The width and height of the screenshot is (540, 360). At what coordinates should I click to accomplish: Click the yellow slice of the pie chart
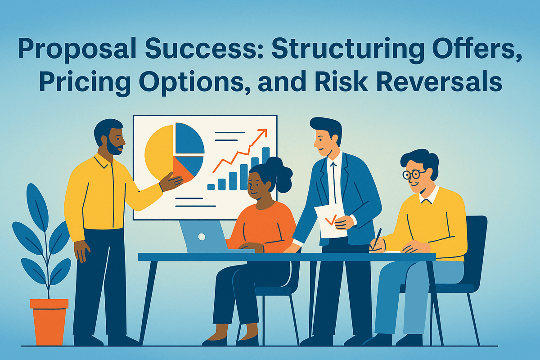tap(157, 151)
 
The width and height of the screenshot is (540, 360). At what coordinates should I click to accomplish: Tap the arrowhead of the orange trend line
tap(263, 132)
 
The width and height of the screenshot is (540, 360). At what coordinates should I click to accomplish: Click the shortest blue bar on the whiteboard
tap(211, 186)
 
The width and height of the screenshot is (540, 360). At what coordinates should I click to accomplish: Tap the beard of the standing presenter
tap(115, 148)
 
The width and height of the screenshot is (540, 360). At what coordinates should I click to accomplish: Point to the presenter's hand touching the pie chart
tap(171, 182)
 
